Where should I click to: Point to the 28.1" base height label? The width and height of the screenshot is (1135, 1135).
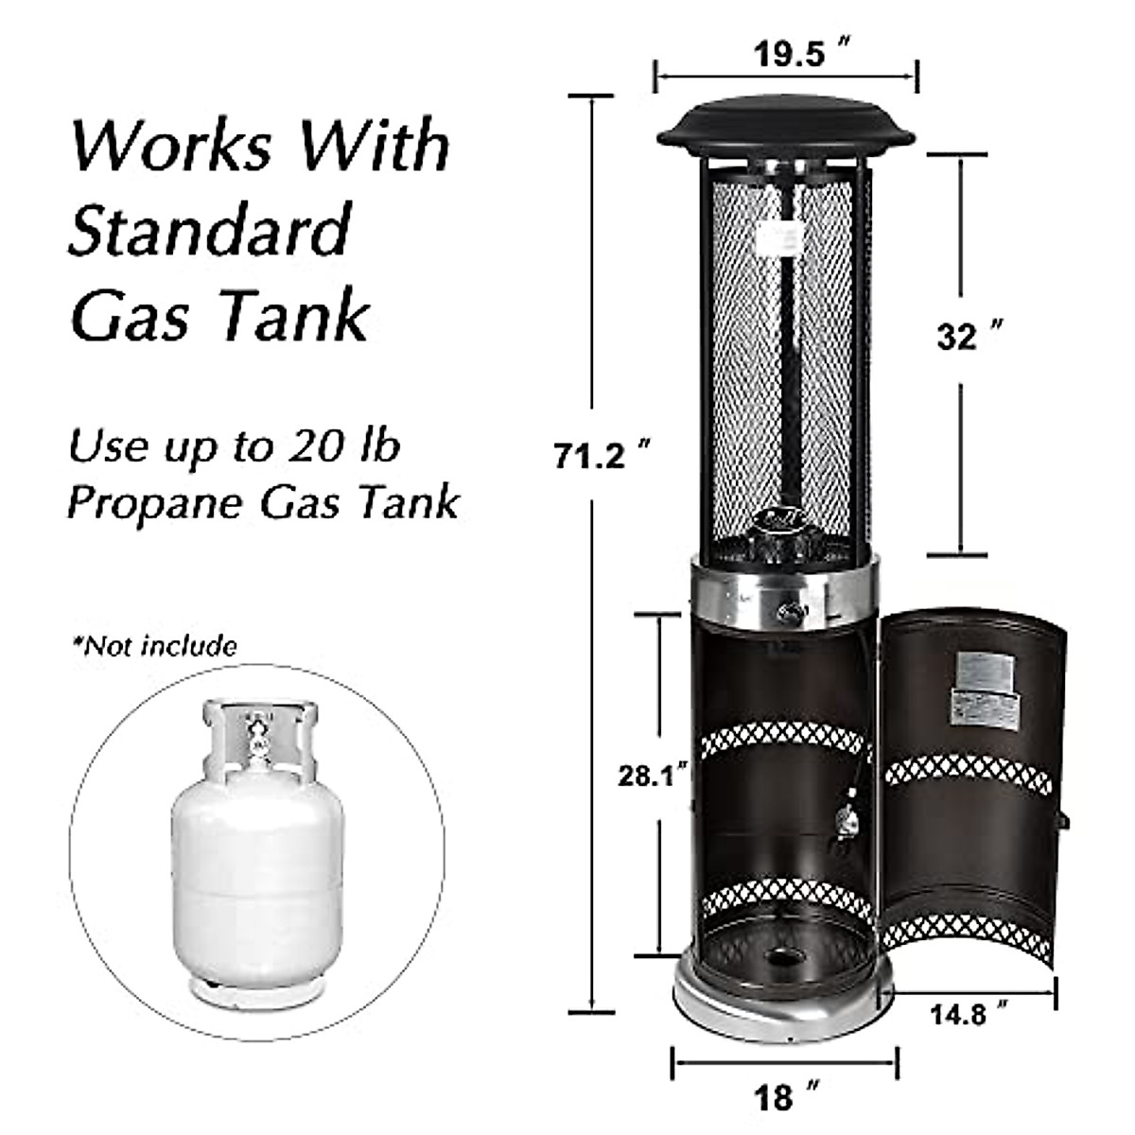652,776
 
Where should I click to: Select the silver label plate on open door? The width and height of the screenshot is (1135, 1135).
981,672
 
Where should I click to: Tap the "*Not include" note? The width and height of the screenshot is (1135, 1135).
155,646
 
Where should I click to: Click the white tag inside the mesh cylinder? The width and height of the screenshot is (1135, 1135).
779,240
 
